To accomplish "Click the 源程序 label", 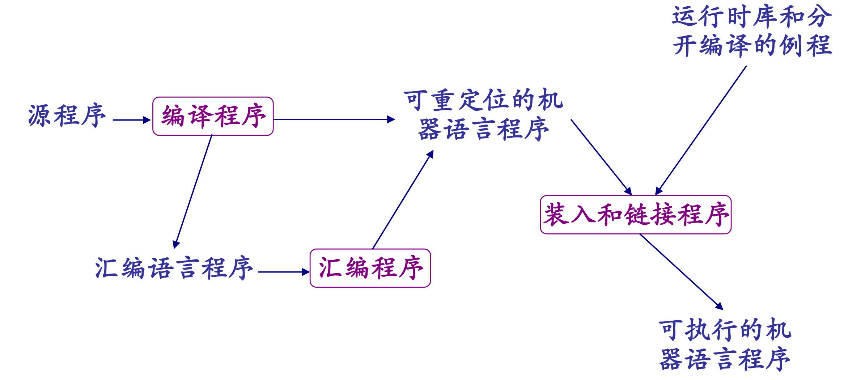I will click(x=67, y=116).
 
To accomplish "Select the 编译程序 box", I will click(x=213, y=116).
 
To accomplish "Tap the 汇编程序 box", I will click(x=370, y=268).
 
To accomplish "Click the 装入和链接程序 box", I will click(x=636, y=215).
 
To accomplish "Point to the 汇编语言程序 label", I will click(x=174, y=268).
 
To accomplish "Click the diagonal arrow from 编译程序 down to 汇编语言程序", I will click(x=193, y=192).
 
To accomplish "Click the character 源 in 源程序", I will click(x=40, y=116).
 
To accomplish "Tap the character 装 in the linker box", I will click(x=556, y=215).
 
